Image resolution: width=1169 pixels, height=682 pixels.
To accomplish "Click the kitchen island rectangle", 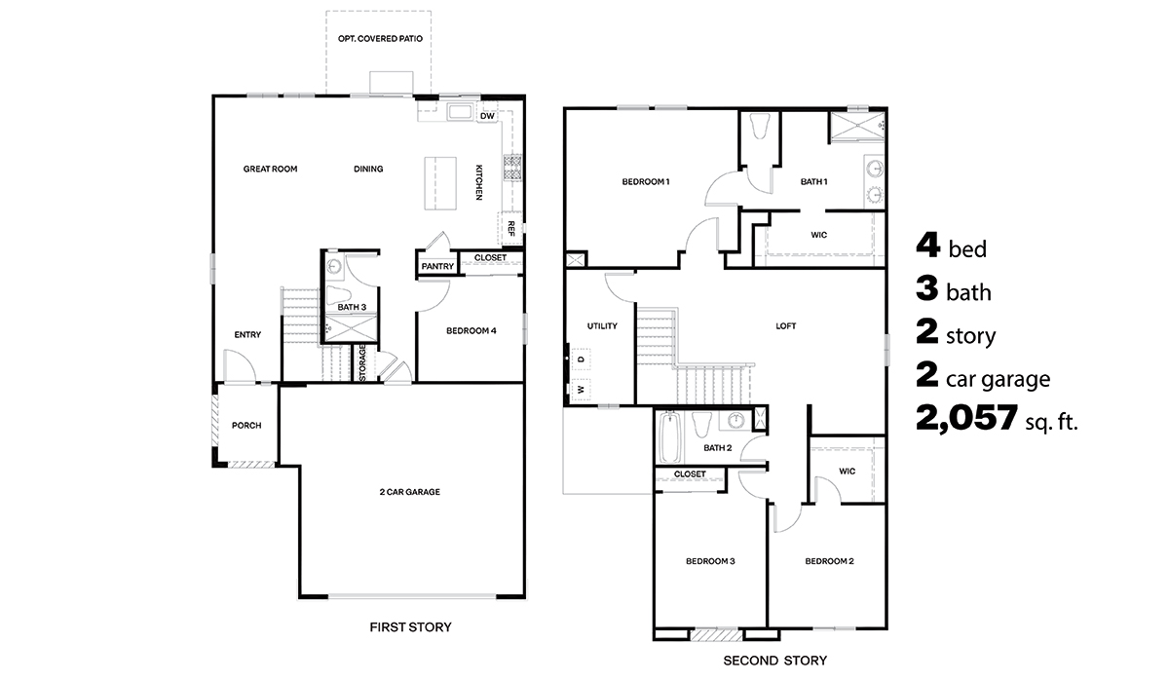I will (439, 182).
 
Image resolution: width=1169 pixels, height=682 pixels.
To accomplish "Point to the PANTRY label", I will (438, 266).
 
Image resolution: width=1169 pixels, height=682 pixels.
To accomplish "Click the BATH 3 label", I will (352, 308).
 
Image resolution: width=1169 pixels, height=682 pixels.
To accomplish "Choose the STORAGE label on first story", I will (362, 364).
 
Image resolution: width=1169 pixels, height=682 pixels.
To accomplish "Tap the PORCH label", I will (246, 426).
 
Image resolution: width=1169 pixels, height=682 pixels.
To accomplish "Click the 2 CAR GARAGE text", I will (409, 492).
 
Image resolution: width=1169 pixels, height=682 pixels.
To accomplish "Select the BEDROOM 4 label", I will (471, 331).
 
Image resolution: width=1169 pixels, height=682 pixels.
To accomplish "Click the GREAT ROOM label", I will (270, 170).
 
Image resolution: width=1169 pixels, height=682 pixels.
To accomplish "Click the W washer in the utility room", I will (581, 390).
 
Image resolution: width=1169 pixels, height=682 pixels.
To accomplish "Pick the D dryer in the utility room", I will (581, 360).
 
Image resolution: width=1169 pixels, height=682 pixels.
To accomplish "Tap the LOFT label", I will (785, 326).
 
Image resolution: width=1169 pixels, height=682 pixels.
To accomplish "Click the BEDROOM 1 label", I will (646, 182).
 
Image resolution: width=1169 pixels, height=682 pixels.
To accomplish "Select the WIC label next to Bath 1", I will (819, 235).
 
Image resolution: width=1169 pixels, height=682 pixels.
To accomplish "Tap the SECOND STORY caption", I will (774, 661).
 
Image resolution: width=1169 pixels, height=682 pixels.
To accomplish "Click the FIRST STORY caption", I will (410, 627).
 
